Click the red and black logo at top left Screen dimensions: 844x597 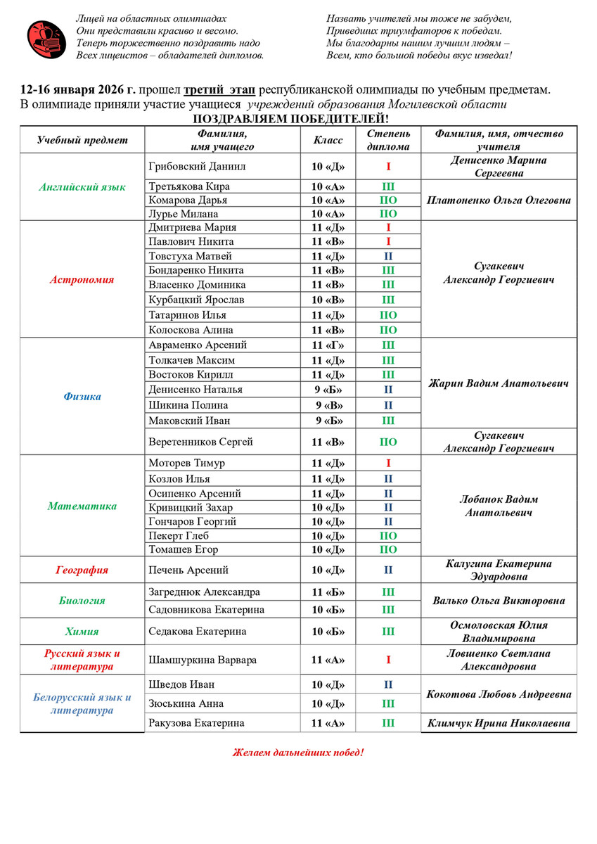(x=46, y=38)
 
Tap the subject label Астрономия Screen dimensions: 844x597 (x=82, y=279)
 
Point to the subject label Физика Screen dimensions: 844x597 (x=82, y=397)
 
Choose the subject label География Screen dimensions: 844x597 (x=82, y=570)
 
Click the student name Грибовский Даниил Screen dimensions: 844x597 (x=194, y=167)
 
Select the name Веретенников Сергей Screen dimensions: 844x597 (x=200, y=442)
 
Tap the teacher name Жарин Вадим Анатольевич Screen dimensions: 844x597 (x=499, y=383)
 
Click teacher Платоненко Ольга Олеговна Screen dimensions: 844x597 (x=499, y=200)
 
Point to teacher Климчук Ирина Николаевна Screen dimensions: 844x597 (x=499, y=723)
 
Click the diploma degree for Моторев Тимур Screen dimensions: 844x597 (x=388, y=463)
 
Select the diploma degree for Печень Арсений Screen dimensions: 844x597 (x=388, y=570)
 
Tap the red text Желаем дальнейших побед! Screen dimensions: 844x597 (x=298, y=753)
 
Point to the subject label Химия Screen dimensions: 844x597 (x=82, y=632)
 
